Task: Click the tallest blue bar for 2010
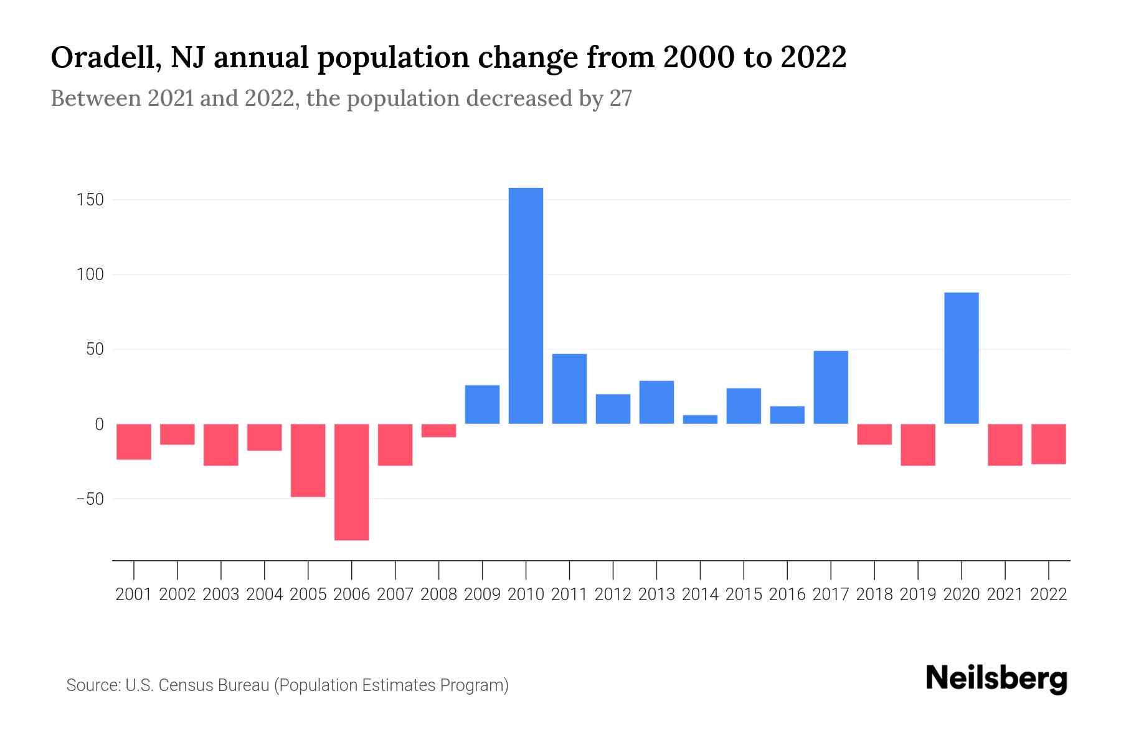(x=526, y=306)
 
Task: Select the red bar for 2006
(x=351, y=482)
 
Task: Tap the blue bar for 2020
(x=961, y=358)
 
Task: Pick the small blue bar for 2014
(x=700, y=420)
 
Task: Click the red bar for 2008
(x=438, y=431)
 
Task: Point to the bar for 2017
(x=830, y=387)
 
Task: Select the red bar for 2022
(x=1048, y=444)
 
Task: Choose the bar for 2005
(x=308, y=460)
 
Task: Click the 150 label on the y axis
(x=90, y=200)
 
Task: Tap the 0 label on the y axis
(x=99, y=425)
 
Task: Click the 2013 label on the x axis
(x=656, y=594)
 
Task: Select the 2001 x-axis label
(x=134, y=594)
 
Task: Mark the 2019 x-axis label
(x=917, y=594)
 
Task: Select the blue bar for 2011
(x=569, y=389)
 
